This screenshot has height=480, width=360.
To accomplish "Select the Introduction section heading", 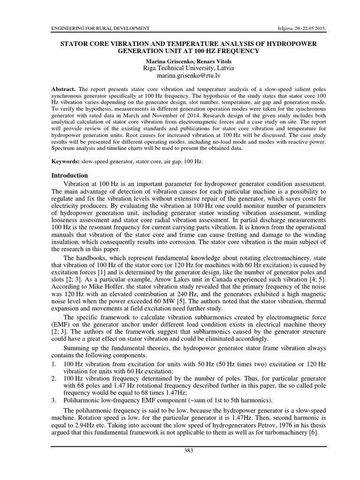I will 69,175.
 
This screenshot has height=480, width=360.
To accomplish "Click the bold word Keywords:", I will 66,161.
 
